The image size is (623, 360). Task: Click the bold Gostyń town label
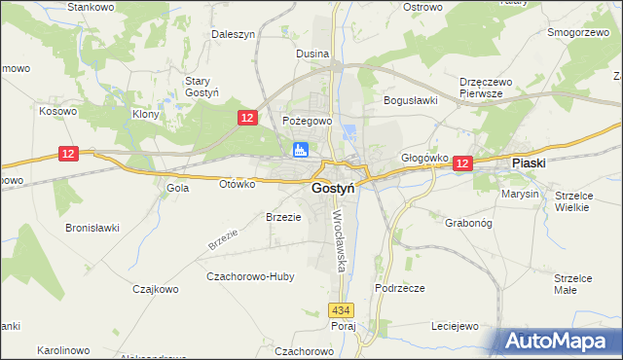point(332,189)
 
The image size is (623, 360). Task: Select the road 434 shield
point(339,309)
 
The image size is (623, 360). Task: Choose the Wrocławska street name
point(339,239)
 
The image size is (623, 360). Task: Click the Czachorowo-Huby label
point(250,276)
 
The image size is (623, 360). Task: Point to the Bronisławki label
point(92,228)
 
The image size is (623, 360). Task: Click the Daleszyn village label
point(234,33)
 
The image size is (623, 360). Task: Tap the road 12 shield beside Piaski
point(462,165)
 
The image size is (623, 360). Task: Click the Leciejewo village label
point(455,327)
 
